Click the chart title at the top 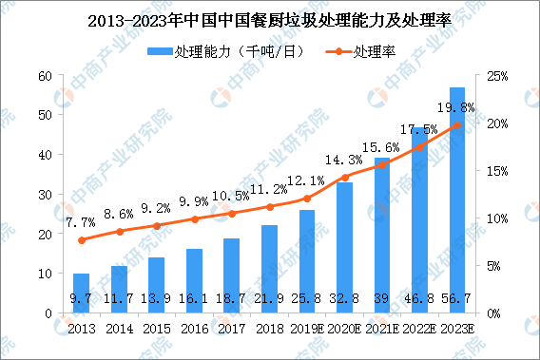(270, 18)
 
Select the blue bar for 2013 (82, 293)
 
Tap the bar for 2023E (457, 200)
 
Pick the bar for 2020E (344, 248)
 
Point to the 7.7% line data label (82, 223)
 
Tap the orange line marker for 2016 (194, 218)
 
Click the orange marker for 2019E (307, 199)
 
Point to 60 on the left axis (44, 76)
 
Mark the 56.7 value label (457, 300)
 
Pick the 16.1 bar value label (194, 300)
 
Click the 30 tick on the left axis (44, 195)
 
